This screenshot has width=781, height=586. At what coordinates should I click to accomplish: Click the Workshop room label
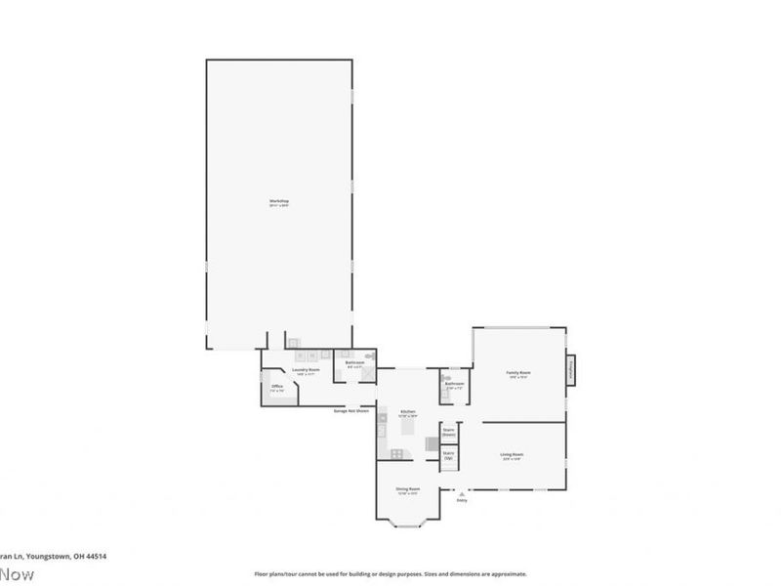279,202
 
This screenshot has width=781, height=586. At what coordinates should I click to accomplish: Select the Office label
277,388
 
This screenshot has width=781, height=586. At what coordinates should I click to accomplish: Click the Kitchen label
409,413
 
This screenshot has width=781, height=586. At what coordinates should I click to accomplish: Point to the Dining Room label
408,488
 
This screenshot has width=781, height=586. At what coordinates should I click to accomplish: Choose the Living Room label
512,454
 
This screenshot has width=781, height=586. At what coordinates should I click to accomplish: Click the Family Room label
517,372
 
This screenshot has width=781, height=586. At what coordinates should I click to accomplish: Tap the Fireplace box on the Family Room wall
571,371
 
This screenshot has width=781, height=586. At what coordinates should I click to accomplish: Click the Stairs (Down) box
449,431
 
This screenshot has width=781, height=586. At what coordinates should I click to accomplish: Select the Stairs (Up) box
448,454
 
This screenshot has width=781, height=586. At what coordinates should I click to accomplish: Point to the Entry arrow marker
461,492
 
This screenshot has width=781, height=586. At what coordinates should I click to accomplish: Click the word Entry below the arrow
462,500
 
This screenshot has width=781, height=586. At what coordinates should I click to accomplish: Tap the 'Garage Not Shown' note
351,411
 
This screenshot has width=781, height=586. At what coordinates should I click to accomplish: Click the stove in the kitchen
397,453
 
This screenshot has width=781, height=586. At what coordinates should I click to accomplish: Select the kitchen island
408,428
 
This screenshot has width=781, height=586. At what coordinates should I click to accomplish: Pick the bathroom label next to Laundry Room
354,362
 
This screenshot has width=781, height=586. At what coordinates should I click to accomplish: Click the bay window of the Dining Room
408,524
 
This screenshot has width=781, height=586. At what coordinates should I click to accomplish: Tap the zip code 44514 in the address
95,556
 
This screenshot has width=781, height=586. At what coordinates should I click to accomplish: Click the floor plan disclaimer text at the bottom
390,574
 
